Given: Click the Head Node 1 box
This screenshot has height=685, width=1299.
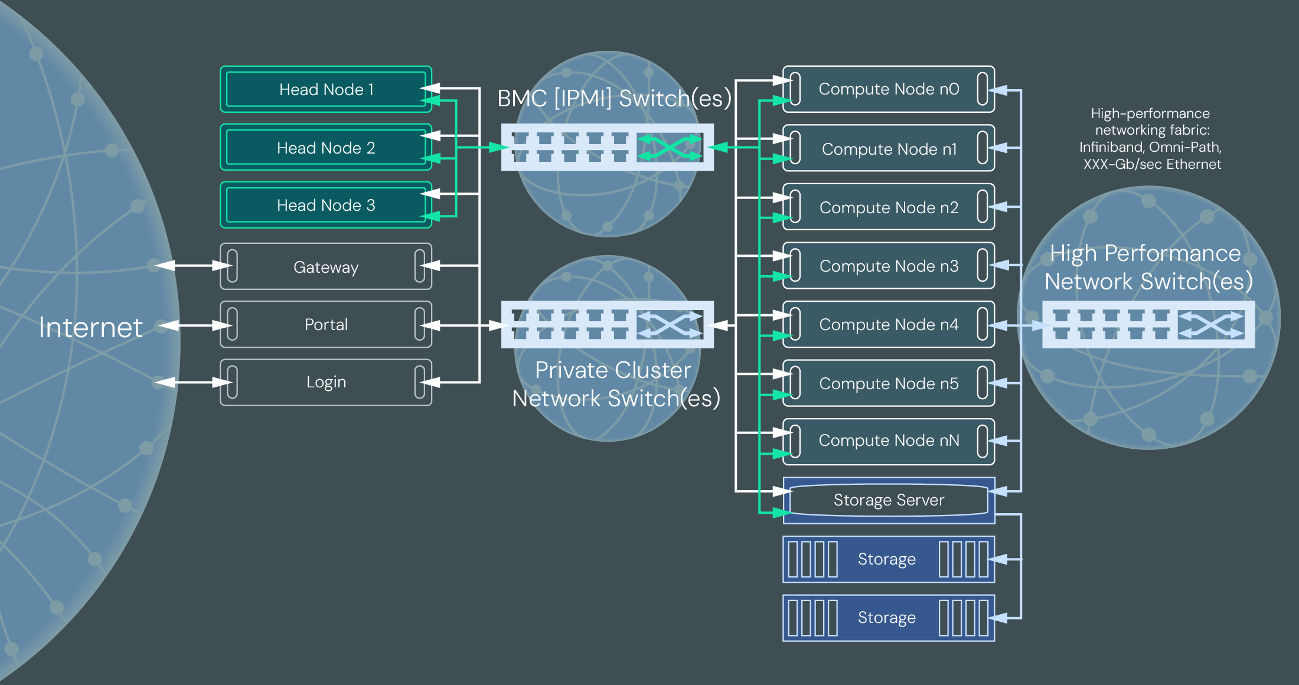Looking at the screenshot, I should pyautogui.click(x=325, y=90).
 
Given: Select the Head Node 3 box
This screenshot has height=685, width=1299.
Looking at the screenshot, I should pyautogui.click(x=325, y=206).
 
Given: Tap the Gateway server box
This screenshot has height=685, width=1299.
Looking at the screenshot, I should pyautogui.click(x=325, y=267).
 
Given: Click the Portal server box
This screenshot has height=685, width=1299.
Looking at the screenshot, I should pyautogui.click(x=325, y=325).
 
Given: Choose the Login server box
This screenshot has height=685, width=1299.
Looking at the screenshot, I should pyautogui.click(x=325, y=383).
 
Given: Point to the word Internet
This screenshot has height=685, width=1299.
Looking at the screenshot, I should pyautogui.click(x=90, y=328).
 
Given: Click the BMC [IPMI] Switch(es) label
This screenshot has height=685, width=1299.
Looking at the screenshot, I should pyautogui.click(x=614, y=99).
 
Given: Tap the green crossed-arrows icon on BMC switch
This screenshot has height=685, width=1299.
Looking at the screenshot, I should pyautogui.click(x=670, y=147).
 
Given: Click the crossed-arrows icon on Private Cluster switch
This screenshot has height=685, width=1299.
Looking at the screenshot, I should pyautogui.click(x=670, y=325).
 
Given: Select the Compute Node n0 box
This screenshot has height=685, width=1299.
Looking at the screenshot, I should pyautogui.click(x=888, y=89).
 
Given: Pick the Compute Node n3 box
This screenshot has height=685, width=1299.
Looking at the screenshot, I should pyautogui.click(x=888, y=266).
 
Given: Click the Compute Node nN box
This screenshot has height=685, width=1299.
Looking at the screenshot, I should pyautogui.click(x=888, y=441).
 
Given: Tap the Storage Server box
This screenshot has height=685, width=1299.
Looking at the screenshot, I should pyautogui.click(x=888, y=500).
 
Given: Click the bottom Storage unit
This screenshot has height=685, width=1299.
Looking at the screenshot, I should pyautogui.click(x=888, y=618).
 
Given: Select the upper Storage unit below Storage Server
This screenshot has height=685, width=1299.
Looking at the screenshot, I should pyautogui.click(x=888, y=559).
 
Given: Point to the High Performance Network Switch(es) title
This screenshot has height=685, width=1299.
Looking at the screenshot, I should pyautogui.click(x=1148, y=268).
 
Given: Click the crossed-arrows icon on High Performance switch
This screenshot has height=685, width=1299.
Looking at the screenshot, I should pyautogui.click(x=1210, y=325).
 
